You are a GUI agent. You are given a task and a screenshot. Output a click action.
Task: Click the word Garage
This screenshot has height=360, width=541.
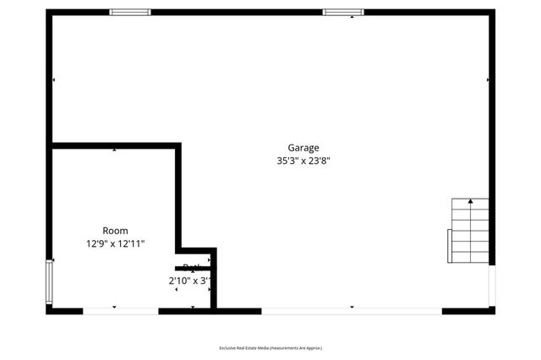click(x=303, y=148)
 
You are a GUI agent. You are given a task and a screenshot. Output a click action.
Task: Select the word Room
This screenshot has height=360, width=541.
click(x=115, y=231)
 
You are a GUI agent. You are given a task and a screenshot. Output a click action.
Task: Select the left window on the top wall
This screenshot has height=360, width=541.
click(x=130, y=12)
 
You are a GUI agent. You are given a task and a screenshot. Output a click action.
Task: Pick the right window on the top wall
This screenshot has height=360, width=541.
click(x=343, y=12)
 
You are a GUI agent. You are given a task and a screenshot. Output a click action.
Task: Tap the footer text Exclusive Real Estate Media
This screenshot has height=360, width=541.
click(x=270, y=348)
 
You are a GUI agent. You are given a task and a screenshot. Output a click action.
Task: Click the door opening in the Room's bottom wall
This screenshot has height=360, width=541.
click(x=120, y=311)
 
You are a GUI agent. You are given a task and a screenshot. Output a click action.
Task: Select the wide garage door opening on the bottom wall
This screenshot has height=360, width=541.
click(x=352, y=311)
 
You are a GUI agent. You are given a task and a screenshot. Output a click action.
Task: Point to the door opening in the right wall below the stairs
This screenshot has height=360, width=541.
click(x=492, y=287)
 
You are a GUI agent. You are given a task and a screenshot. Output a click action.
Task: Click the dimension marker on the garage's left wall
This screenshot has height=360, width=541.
click(x=55, y=80)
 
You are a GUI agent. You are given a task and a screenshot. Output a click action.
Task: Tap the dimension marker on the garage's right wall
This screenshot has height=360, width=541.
click(x=487, y=80)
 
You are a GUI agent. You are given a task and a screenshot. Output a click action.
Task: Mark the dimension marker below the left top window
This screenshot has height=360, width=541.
click(x=130, y=19)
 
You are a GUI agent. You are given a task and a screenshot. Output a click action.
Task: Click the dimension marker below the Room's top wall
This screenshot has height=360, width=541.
click(x=115, y=150)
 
